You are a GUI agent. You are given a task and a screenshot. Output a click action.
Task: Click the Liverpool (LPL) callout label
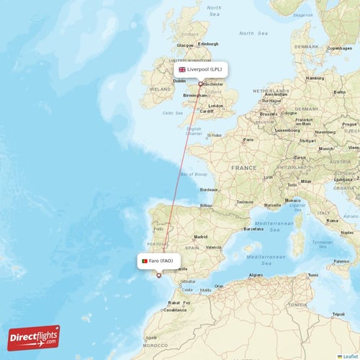pyautogui.click(x=201, y=69)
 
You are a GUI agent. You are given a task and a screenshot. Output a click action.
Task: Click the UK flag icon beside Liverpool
pyautogui.click(x=182, y=69)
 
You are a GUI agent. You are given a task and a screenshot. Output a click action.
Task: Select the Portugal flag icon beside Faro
pyautogui.click(x=145, y=261)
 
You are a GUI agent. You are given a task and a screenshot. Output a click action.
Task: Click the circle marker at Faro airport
pyautogui.click(x=159, y=275)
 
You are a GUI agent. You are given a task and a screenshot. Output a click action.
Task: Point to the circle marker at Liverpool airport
pyautogui.click(x=200, y=84)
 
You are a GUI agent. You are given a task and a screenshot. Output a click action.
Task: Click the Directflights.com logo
pyautogui.click(x=34, y=337)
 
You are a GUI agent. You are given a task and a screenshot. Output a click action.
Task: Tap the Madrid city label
pyautogui.click(x=200, y=236)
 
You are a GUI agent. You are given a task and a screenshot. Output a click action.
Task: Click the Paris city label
pyautogui.click(x=248, y=140)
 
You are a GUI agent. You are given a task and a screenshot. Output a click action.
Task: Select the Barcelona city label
pyautogui.click(x=253, y=229)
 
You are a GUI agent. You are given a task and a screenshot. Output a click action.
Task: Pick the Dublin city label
pyautogui.click(x=160, y=81)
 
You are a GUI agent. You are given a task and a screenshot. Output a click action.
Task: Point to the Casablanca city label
pyautogui.click(x=175, y=310)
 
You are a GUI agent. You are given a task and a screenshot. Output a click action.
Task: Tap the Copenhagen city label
pyautogui.click(x=339, y=48)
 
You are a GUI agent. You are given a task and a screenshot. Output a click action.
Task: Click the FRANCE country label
pyautogui.click(x=243, y=168)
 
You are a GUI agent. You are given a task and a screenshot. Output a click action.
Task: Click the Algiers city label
pyautogui.click(x=256, y=274)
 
